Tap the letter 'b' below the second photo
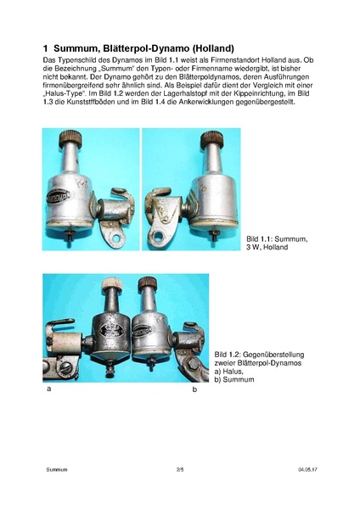pyautogui.click(x=194, y=389)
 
